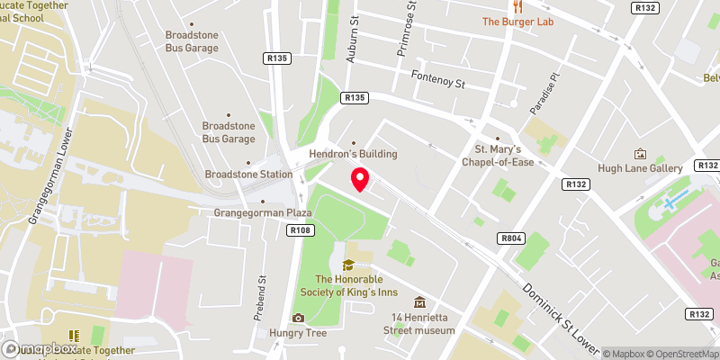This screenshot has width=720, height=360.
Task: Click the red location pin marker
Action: (x=359, y=179)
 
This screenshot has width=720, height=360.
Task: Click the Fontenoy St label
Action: (x=436, y=79)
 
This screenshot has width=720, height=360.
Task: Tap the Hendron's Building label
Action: (x=353, y=154)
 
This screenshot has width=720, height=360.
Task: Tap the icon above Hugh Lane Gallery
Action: (x=641, y=153)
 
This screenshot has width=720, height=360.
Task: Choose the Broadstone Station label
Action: (x=248, y=174)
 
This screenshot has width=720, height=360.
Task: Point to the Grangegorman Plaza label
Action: (x=262, y=213)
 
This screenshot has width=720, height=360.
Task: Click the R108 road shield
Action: (x=301, y=230)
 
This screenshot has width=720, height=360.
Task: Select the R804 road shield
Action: (x=509, y=238)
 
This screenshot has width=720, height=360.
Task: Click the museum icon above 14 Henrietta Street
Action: (x=418, y=301)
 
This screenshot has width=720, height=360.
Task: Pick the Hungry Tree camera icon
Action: (x=298, y=317)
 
